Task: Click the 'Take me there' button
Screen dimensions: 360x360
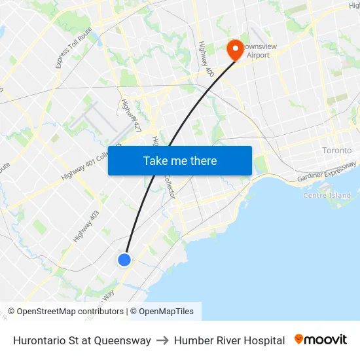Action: pos(180,160)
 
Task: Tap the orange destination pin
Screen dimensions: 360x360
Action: pos(234,49)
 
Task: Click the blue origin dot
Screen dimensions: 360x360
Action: pos(124,260)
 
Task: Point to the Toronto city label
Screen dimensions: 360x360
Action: pos(336,151)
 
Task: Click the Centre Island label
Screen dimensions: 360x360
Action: pos(327,195)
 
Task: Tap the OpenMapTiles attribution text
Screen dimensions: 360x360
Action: pos(166,312)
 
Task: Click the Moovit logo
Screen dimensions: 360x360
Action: pos(320,340)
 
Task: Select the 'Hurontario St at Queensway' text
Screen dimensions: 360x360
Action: pos(82,340)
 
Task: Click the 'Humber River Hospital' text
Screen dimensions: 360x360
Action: pos(229,340)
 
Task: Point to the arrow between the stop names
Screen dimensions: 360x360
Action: pos(162,340)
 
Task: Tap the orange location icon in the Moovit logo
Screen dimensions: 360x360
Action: pos(299,340)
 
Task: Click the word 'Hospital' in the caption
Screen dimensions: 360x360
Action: pos(264,340)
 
